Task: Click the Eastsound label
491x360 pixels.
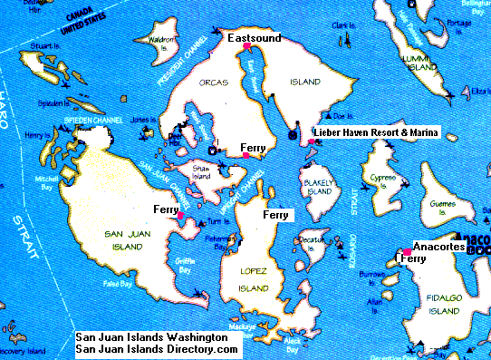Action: coord(254,38)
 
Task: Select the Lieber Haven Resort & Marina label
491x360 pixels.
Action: coord(375,133)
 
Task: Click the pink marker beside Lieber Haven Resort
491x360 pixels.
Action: coord(312,141)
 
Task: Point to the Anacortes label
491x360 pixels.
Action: coord(438,246)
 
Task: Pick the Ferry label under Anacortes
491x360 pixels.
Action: coord(413,258)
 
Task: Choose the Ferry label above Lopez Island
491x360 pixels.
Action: coord(275,215)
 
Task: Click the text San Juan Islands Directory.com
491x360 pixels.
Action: coord(157,348)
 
